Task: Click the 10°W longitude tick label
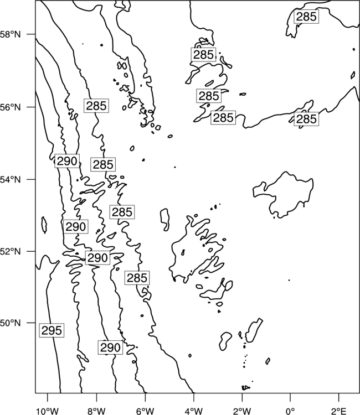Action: [x=48, y=411]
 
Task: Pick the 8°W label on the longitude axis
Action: [x=96, y=411]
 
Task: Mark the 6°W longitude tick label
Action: [x=145, y=411]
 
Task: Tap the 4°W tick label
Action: [x=193, y=411]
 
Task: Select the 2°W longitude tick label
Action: [x=242, y=411]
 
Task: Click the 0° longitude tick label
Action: [x=290, y=411]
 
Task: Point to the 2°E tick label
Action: [x=339, y=411]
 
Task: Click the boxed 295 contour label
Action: [x=52, y=330]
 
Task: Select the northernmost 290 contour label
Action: [x=67, y=161]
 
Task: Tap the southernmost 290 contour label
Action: [x=110, y=347]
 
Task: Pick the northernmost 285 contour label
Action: [x=306, y=17]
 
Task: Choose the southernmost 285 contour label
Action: [x=137, y=278]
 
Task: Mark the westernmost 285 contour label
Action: [x=96, y=106]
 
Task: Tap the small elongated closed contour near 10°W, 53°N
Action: [x=44, y=225]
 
